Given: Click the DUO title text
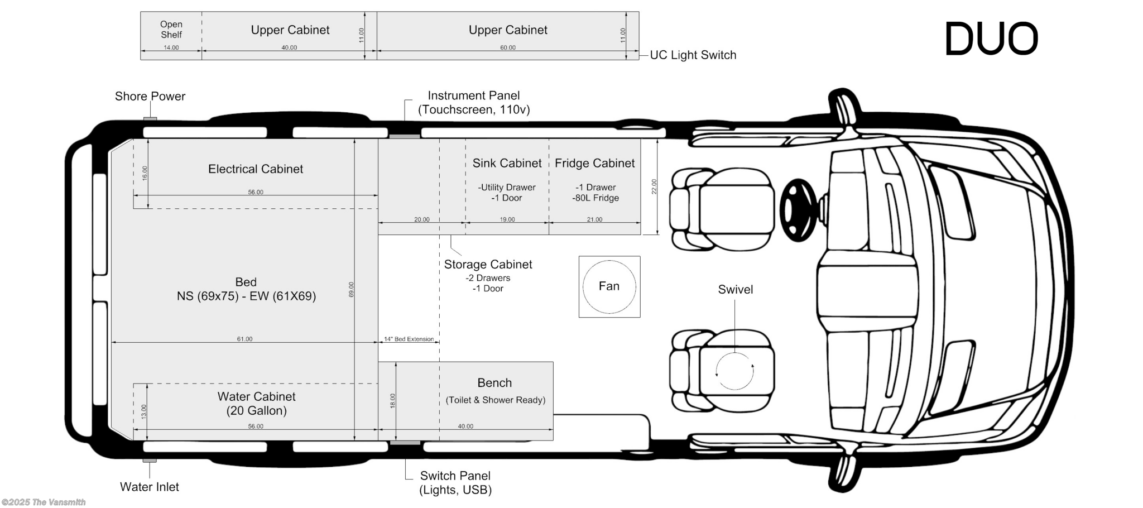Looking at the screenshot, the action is pos(991,39).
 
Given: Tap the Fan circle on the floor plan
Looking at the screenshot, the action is pos(609,286).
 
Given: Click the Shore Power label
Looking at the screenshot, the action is pos(150,96).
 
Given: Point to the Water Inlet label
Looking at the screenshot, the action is pos(150,487).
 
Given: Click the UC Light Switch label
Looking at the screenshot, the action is pos(693,55).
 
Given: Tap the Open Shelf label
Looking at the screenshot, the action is pos(171,29).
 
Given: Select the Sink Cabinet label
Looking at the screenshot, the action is pos(507,163).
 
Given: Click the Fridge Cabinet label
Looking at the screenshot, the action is pos(595,163).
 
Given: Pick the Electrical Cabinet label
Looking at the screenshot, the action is pos(256,169).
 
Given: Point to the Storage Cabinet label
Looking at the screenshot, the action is pos(488,264).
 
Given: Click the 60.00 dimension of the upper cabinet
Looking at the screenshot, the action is pos(508,47).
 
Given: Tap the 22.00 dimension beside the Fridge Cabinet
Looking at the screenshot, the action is pos(654,186).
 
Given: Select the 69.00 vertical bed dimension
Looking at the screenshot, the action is pos(351,290).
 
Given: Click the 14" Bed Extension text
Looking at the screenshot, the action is pos(409,339).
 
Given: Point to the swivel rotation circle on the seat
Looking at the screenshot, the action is pos(735,371).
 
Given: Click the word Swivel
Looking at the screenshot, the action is pos(736,289).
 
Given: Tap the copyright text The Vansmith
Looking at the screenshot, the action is pos(44,502).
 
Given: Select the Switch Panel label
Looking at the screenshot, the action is pos(455,476).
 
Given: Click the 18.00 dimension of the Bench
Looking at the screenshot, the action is pos(392,401).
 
